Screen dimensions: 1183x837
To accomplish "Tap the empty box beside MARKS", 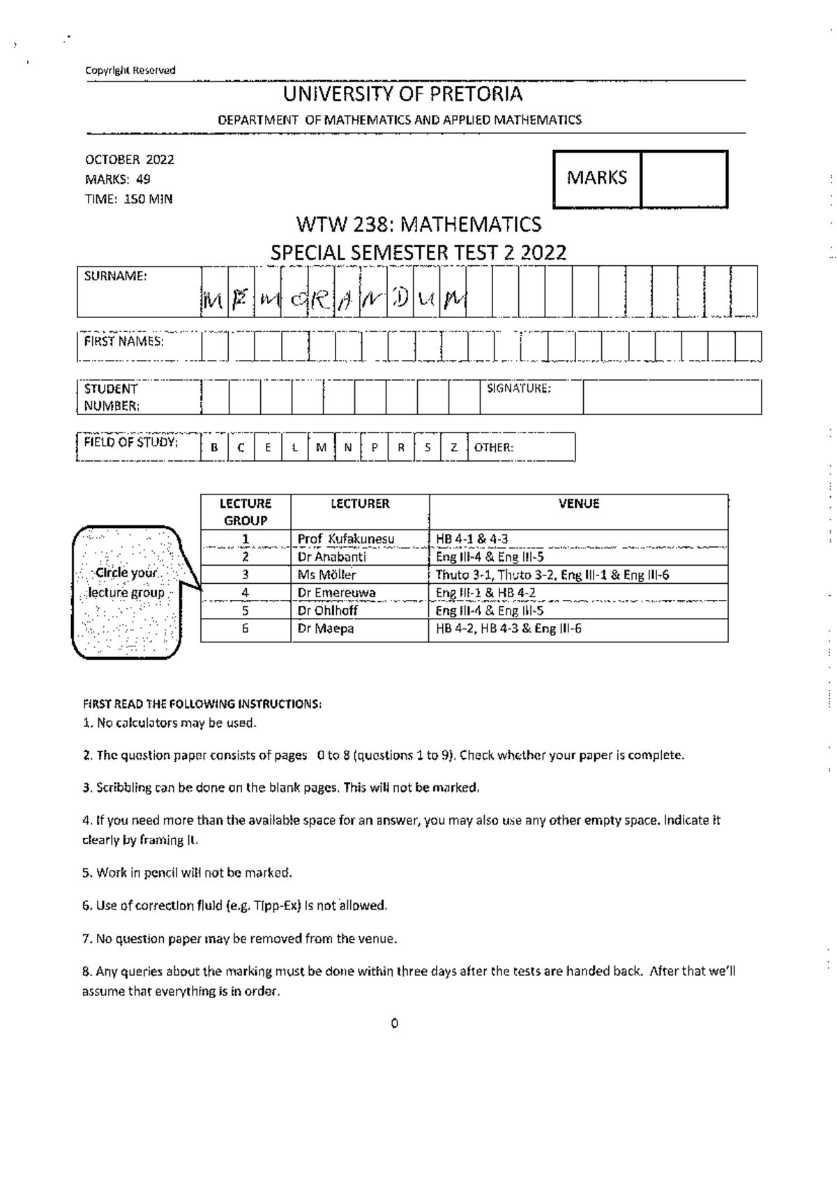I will pos(684,179).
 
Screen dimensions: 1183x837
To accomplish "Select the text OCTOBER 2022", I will pos(129,159).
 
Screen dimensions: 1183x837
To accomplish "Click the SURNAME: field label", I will pos(116,276).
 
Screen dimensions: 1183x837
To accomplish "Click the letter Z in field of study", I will pos(454,448).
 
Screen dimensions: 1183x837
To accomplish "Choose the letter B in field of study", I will pos(214,448).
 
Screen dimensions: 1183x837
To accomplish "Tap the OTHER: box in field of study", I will pos(522,448).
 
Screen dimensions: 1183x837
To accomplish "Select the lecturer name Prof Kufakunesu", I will pos(346,539).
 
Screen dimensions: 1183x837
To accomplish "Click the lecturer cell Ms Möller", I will pos(326,575).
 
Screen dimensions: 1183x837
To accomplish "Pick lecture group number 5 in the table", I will pos(246,610).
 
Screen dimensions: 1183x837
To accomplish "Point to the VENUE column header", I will pos(578,504).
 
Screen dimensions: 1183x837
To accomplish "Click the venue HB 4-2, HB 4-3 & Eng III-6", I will pos(508,628).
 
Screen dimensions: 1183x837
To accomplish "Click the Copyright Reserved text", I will pos(130,70).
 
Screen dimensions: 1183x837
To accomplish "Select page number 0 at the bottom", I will pos(394,1023).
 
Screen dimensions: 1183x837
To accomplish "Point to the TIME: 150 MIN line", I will pos(128,199).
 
